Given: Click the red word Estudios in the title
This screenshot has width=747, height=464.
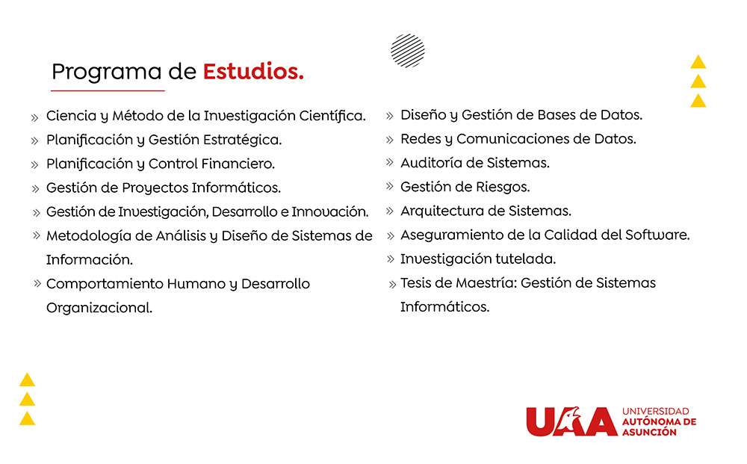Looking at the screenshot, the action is (253, 72).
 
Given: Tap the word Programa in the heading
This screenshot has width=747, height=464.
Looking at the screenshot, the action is (107, 72).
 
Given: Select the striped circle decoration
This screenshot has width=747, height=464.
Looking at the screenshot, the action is (408, 51).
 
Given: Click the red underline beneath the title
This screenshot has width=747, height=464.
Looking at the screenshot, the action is (108, 90).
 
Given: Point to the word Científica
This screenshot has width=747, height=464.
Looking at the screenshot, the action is (332, 116).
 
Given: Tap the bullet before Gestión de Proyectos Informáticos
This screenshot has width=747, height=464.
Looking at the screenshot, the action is (35, 188).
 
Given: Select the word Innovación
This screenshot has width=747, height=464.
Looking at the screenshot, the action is (330, 211).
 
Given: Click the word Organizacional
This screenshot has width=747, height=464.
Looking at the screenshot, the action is (99, 308).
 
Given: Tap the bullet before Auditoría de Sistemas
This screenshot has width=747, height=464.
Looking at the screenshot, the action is (390, 162).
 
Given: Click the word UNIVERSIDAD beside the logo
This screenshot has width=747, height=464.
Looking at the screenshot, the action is (656, 411).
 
